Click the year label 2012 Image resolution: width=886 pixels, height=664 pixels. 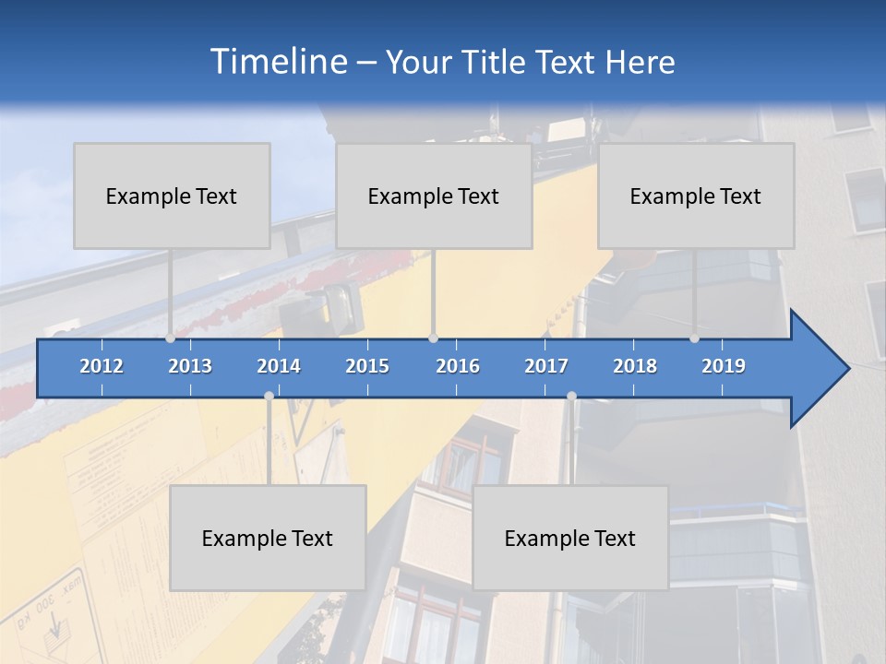(102, 366)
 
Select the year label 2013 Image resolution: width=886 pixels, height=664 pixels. (190, 366)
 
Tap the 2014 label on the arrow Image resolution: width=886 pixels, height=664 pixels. (279, 366)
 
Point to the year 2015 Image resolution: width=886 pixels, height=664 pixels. (367, 366)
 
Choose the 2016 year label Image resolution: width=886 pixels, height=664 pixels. (458, 366)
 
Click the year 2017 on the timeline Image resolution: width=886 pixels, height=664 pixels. (546, 366)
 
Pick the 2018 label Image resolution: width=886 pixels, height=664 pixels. (635, 366)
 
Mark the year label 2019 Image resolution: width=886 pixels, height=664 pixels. (724, 366)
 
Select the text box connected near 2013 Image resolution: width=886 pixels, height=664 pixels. (172, 196)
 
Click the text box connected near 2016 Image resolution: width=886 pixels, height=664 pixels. (434, 196)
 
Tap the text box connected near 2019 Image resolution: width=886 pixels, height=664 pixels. (696, 196)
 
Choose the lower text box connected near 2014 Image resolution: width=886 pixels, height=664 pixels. (268, 538)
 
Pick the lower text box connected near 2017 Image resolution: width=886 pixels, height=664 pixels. (570, 538)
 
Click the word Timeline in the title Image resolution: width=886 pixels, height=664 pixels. (278, 62)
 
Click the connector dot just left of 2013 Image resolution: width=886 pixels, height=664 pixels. (170, 338)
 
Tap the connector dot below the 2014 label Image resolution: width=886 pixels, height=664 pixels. (269, 397)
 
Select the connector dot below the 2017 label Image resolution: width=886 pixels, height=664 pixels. (571, 397)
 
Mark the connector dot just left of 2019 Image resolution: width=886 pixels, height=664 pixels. (694, 338)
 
